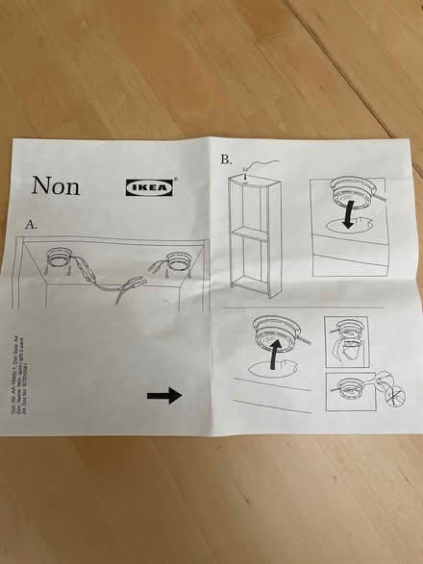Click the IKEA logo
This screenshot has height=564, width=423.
(151, 187)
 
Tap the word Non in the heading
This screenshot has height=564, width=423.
(56, 185)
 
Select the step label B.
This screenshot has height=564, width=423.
(226, 160)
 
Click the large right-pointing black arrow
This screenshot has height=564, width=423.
(164, 395)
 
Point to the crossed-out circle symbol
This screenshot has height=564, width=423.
(366, 394)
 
